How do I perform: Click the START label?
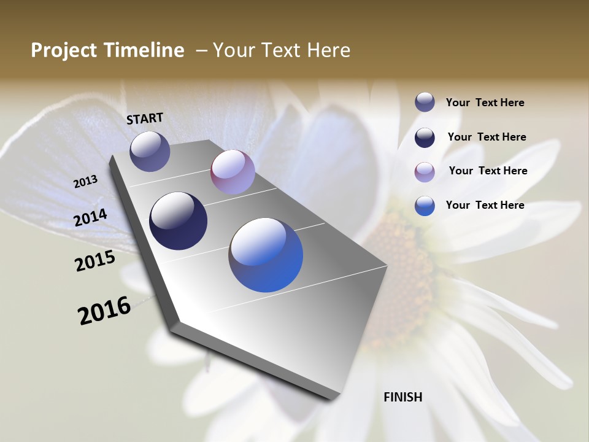click(145, 118)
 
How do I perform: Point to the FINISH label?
click(403, 397)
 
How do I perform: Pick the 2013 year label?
click(86, 182)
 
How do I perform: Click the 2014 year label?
click(91, 217)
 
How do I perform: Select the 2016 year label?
click(104, 311)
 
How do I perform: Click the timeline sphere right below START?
click(150, 151)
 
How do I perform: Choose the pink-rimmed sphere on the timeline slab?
click(233, 173)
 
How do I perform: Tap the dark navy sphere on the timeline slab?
click(178, 221)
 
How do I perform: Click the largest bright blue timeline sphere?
click(266, 255)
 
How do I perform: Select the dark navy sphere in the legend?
click(425, 138)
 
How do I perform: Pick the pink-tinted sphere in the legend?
click(425, 172)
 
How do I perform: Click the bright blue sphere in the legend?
click(425, 206)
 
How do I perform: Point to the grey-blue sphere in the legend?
click(425, 102)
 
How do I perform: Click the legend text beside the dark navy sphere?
click(487, 137)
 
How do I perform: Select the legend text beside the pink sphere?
click(488, 171)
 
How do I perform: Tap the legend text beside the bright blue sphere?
click(485, 205)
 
